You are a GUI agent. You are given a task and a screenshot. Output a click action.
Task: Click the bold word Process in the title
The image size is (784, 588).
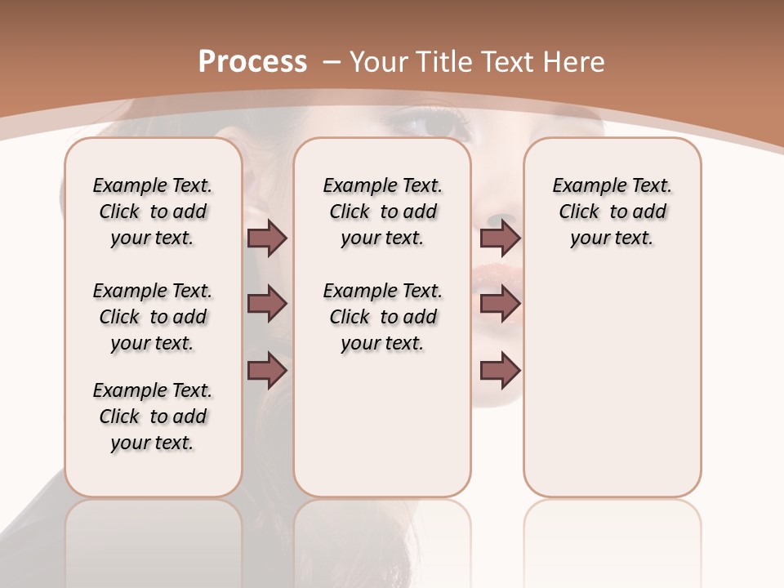coord(252,62)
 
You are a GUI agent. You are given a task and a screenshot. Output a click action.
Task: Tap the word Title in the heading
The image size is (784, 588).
coord(446,62)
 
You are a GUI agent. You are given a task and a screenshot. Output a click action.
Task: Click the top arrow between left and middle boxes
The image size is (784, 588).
coord(267,238)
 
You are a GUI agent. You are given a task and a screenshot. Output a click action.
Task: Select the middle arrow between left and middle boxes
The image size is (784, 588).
coord(267,305)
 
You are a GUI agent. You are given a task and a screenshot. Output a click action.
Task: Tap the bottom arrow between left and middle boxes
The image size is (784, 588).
coord(267,371)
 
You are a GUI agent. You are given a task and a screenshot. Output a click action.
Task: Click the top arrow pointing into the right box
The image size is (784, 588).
coord(500,238)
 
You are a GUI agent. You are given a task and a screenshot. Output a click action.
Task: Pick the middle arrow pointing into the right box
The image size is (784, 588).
coord(500,305)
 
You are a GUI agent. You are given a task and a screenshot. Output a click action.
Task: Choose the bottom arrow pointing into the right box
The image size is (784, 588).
coord(500,371)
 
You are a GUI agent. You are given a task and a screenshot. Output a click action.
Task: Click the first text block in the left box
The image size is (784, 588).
coord(153,212)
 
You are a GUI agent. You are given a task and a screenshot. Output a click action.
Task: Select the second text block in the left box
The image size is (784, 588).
coord(153,317)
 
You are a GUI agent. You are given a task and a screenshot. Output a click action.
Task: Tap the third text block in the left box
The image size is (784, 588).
coord(153,416)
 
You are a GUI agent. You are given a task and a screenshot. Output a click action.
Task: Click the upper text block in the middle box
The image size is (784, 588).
coord(382,212)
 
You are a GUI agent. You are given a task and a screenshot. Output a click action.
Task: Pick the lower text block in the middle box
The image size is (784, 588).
coord(382,317)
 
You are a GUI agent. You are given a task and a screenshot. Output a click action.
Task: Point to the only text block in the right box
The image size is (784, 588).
coord(612,212)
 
